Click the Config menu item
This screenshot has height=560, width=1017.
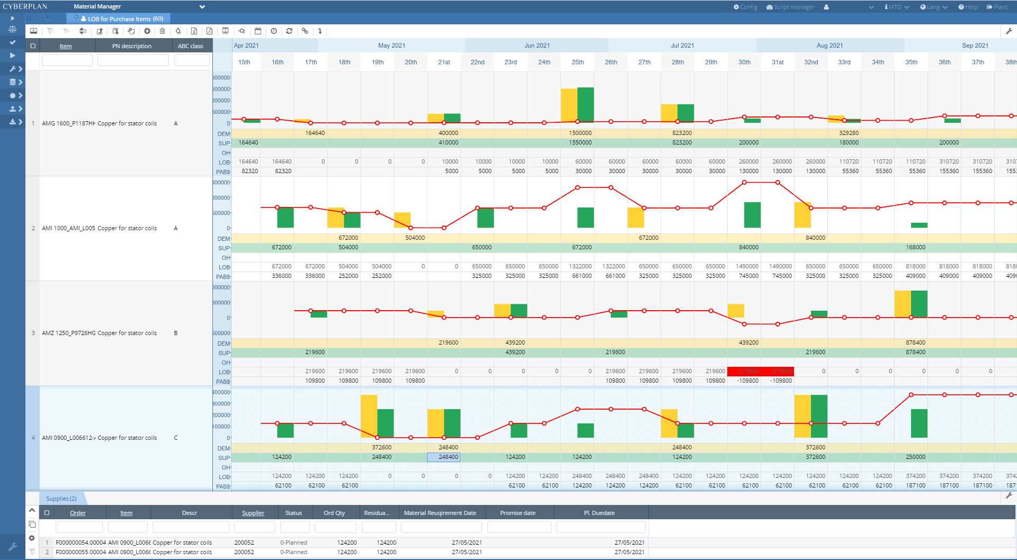pos(745,7)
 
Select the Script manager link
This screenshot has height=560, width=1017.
pos(790,7)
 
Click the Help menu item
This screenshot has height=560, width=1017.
pos(968,7)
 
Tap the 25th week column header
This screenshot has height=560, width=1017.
pos(577,62)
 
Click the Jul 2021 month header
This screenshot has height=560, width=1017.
pos(682,46)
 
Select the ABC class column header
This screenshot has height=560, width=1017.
pos(190,46)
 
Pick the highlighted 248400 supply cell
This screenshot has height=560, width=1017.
pos(444,457)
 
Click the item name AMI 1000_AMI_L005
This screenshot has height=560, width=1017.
pos(68,229)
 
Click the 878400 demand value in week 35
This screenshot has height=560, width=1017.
pos(915,343)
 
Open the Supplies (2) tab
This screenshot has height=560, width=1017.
pos(61,499)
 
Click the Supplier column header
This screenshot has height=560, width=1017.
pos(253,513)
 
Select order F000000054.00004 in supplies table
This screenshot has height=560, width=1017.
pos(81,543)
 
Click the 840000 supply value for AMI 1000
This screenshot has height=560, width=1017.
pos(748,248)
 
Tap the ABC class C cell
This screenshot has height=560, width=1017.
pos(176,438)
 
